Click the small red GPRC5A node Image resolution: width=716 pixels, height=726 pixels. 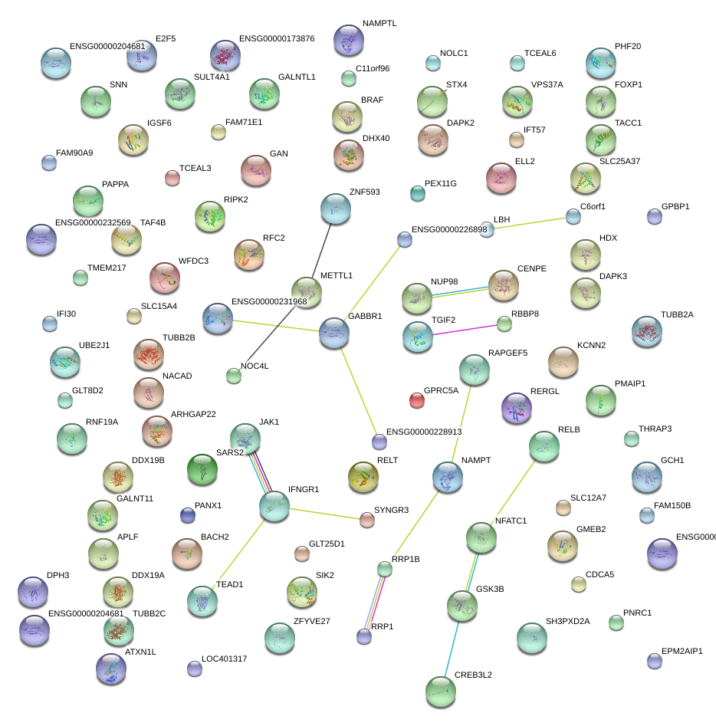pos(416,399)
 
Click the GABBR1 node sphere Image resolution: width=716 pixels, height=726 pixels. pos(333,332)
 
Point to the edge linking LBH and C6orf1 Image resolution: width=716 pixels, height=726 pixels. pos(530,223)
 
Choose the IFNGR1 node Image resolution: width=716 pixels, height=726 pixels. pos(274,505)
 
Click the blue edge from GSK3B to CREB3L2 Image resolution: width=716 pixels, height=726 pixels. pos(452,645)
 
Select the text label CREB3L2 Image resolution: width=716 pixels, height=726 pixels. pos(473,675)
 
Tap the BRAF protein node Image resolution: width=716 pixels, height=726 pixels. pos(347,116)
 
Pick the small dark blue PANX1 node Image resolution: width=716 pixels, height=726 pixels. pos(187,515)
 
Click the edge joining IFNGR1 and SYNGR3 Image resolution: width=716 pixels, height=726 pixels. pos(322,513)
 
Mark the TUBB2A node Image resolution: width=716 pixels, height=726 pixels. pos(646,330)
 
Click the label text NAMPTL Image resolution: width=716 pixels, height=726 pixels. pos(379,24)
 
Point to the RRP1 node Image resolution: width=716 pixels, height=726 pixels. pos(364,636)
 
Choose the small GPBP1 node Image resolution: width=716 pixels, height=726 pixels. pos(654,216)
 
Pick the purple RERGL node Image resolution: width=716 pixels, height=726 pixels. pos(516,407)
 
